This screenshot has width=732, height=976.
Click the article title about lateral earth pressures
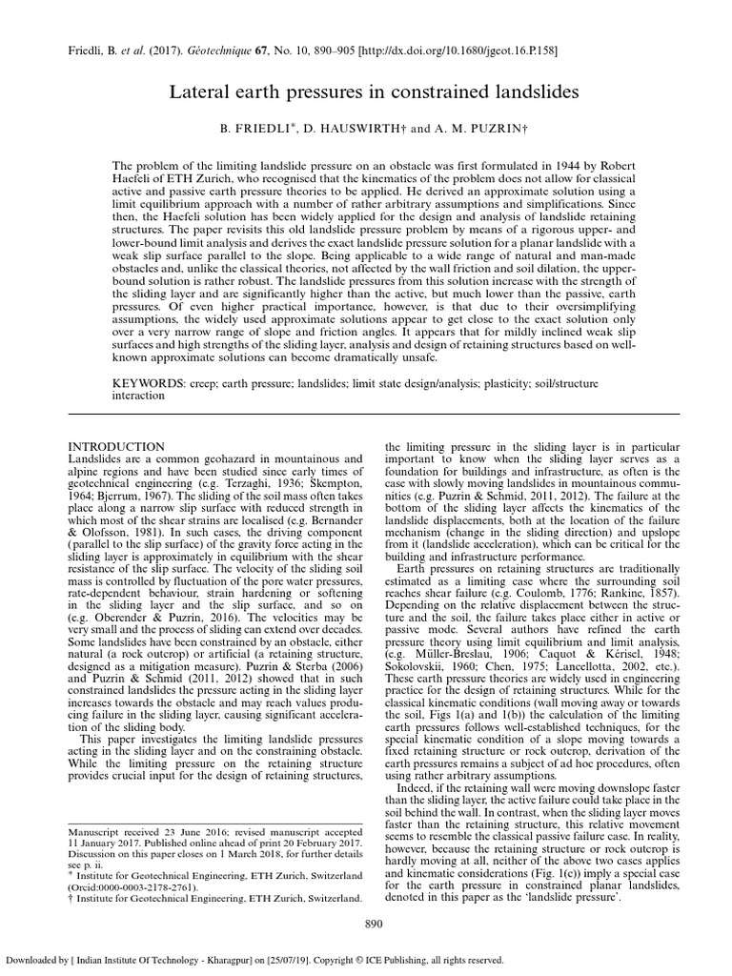(365, 92)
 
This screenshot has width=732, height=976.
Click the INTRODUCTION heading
(118, 447)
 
